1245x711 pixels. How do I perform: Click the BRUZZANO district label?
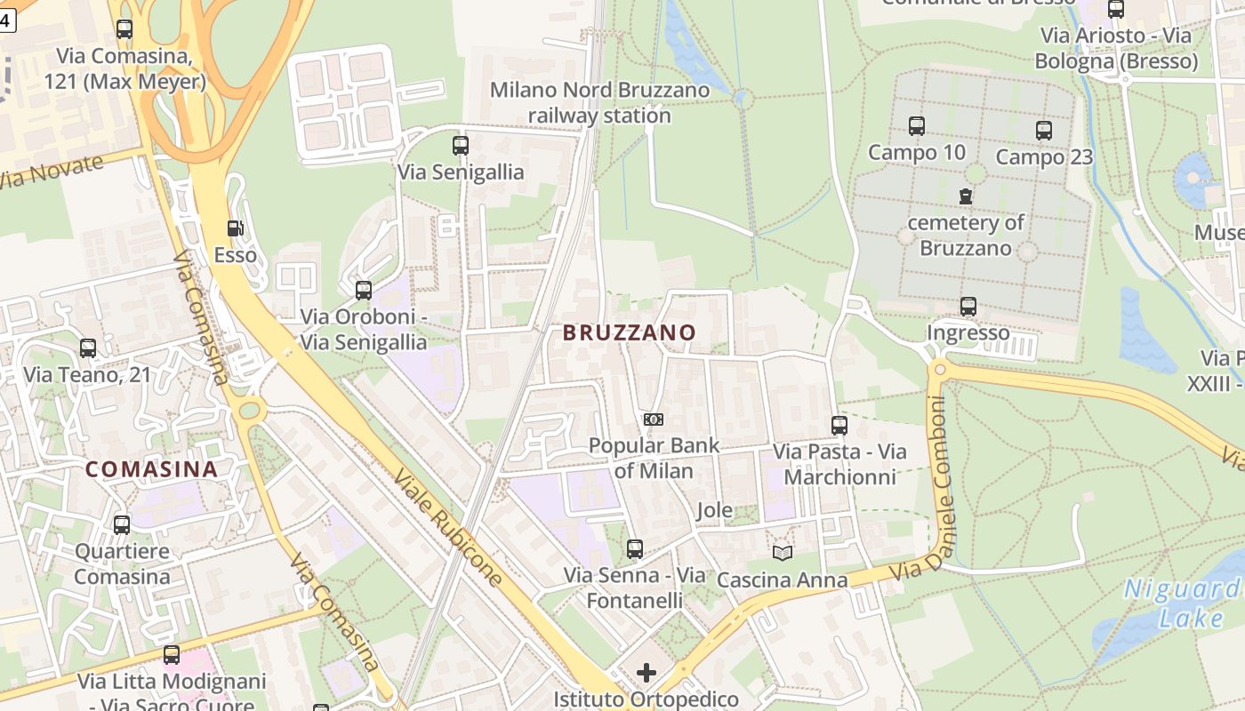(x=629, y=332)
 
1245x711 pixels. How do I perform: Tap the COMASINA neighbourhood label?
(x=151, y=469)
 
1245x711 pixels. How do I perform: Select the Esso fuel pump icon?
(x=235, y=229)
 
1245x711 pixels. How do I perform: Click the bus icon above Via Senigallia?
(x=460, y=146)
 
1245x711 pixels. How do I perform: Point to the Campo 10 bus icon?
(x=916, y=126)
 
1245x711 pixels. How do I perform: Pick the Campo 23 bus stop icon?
(x=1044, y=131)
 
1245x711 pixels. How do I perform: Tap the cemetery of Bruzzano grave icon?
(x=966, y=196)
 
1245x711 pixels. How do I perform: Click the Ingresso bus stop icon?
(x=968, y=307)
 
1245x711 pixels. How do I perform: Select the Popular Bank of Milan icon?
(x=653, y=419)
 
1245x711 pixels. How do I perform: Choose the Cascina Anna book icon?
(x=783, y=553)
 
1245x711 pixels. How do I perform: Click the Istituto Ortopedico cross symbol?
(x=647, y=673)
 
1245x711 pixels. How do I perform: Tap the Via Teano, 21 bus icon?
(x=87, y=348)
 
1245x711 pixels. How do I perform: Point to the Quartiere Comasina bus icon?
(x=122, y=525)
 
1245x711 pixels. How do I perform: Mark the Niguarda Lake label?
(x=1183, y=603)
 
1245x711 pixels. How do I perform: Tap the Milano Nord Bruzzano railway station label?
(x=600, y=102)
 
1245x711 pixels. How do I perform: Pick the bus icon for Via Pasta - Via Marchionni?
(x=839, y=426)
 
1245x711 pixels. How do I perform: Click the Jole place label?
(x=714, y=510)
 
